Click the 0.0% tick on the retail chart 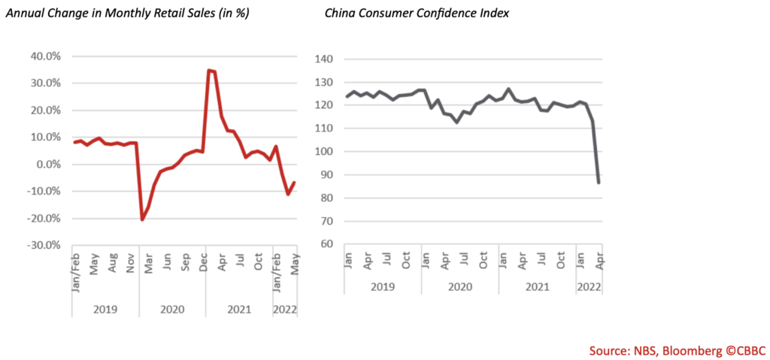tap(51, 165)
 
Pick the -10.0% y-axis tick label tap(47, 192)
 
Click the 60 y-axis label tap(326, 244)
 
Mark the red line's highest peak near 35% tap(208, 70)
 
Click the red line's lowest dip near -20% tap(142, 219)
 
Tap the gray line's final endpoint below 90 tap(599, 182)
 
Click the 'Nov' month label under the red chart tap(131, 262)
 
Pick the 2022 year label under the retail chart tap(283, 310)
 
